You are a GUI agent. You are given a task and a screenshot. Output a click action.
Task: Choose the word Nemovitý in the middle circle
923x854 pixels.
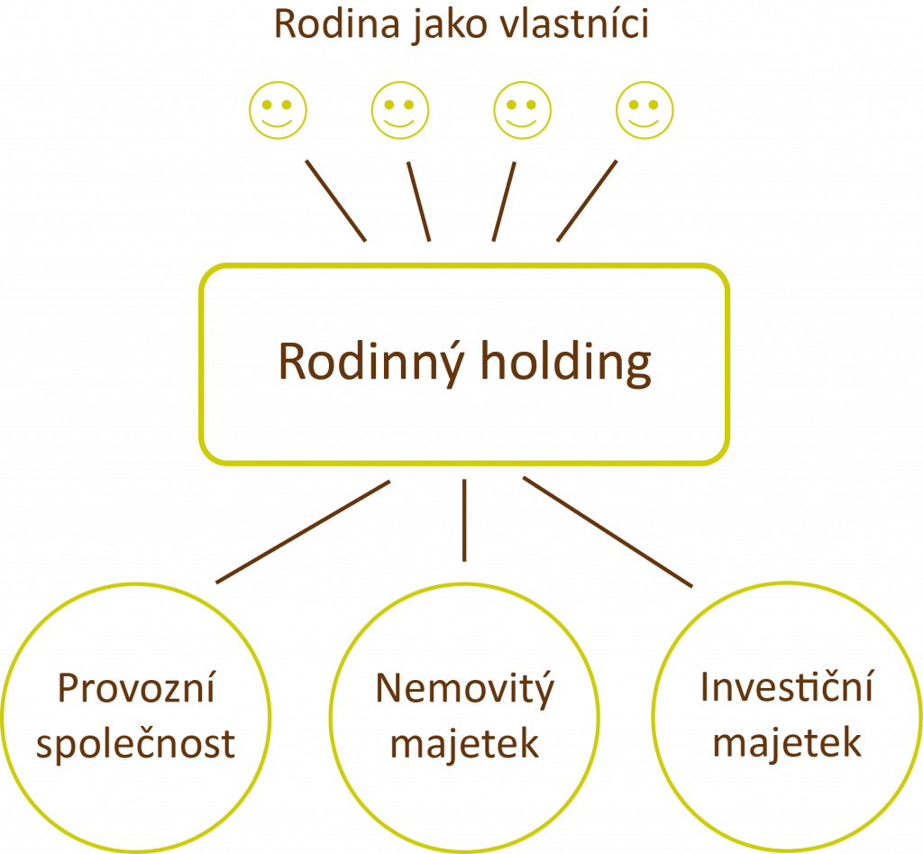(463, 691)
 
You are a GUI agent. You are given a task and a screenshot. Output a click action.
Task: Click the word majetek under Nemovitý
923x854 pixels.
(463, 745)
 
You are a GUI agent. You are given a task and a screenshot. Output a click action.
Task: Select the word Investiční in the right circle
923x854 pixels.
(787, 691)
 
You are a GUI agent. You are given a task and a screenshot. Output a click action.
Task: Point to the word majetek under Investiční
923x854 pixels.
(787, 745)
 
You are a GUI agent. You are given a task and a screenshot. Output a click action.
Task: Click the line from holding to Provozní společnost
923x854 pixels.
(303, 532)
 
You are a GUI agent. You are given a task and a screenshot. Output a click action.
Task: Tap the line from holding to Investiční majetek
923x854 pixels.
(608, 532)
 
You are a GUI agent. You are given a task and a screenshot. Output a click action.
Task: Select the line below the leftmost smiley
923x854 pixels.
(335, 200)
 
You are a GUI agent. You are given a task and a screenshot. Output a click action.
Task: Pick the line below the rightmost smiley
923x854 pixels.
(587, 200)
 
